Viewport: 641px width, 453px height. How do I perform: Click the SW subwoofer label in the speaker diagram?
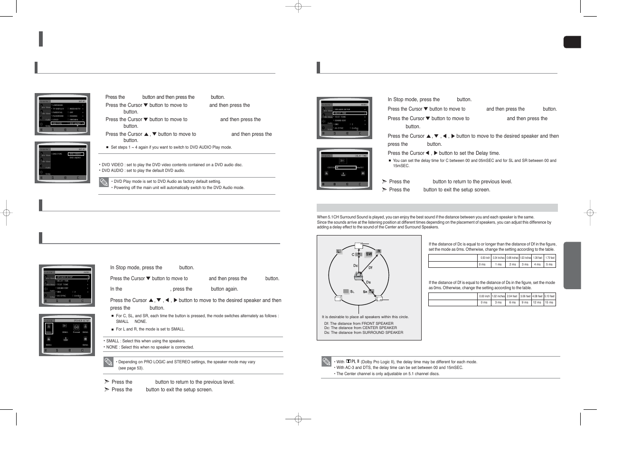(x=369, y=254)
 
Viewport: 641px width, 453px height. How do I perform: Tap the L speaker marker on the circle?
(x=339, y=251)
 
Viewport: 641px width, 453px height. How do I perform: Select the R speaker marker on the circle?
(x=378, y=251)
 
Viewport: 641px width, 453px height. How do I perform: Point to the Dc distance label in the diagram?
(x=355, y=266)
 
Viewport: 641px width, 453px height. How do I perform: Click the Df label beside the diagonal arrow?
(x=370, y=268)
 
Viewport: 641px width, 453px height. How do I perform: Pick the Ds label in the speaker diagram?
(x=368, y=283)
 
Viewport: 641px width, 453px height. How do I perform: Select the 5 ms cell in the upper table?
(x=549, y=264)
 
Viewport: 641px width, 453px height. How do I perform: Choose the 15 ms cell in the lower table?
(x=549, y=302)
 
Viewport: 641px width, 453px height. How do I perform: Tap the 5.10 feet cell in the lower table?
(x=549, y=296)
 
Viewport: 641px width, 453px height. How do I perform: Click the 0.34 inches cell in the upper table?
(x=498, y=258)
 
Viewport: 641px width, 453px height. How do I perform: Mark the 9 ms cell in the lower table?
(x=525, y=302)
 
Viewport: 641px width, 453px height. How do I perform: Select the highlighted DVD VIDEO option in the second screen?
(x=76, y=154)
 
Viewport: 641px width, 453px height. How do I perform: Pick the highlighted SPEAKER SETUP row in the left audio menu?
(x=72, y=277)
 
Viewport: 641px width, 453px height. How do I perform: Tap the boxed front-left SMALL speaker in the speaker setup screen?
(x=49, y=328)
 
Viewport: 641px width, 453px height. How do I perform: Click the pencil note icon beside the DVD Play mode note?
(x=104, y=182)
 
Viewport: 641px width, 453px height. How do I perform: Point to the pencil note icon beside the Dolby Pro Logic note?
(x=326, y=362)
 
